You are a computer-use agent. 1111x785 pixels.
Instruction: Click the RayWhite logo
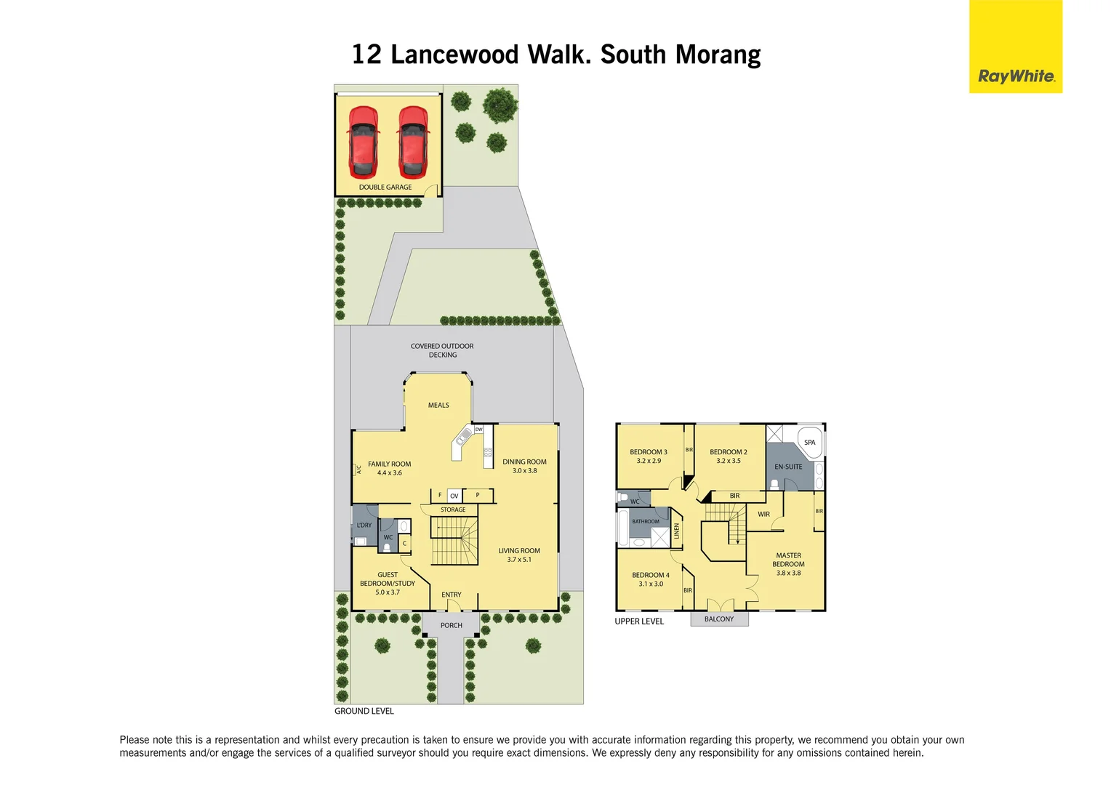click(x=1016, y=76)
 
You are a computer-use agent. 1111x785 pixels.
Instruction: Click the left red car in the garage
click(x=363, y=142)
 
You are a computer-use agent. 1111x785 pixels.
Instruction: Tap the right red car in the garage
click(x=412, y=142)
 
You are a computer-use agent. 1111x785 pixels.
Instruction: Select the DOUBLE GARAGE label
click(x=385, y=188)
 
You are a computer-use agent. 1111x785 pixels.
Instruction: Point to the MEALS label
click(x=438, y=406)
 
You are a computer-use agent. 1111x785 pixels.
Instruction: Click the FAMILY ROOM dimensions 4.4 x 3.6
click(x=389, y=473)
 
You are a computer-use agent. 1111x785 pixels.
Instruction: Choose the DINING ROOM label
click(x=524, y=462)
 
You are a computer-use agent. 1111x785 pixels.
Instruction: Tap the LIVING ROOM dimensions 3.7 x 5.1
click(x=519, y=560)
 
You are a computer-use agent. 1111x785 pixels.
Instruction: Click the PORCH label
click(x=451, y=626)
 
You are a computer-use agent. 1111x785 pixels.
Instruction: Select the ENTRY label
click(x=451, y=595)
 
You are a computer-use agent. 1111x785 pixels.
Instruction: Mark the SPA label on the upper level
click(x=809, y=443)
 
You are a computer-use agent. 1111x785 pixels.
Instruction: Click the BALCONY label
click(x=718, y=619)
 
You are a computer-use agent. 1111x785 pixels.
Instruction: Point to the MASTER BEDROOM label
click(x=788, y=560)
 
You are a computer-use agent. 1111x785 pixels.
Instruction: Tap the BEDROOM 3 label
click(x=648, y=452)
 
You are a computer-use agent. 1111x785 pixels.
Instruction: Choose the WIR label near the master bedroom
click(x=763, y=515)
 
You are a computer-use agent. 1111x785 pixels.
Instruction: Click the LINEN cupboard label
click(x=676, y=531)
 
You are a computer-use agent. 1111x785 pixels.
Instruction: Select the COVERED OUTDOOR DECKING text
click(x=442, y=350)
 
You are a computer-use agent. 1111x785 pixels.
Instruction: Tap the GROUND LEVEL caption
click(x=364, y=712)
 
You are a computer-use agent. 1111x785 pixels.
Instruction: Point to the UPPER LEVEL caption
click(x=639, y=621)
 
